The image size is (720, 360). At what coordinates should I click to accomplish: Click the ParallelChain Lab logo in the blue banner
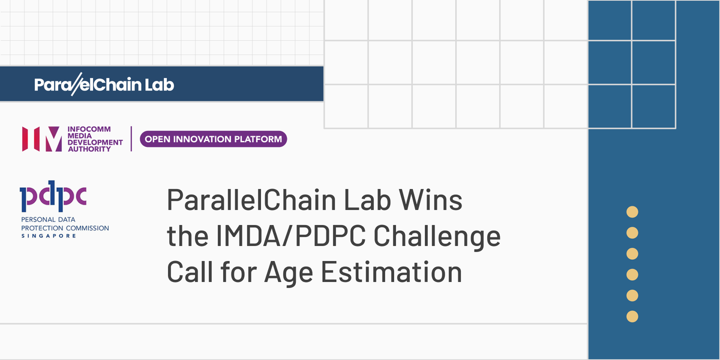[104, 85]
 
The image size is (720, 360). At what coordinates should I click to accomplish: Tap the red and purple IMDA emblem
[41, 139]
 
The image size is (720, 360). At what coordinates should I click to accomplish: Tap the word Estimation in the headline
[394, 272]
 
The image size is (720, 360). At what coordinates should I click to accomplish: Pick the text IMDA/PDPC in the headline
[281, 237]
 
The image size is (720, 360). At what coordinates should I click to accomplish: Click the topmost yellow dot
[632, 211]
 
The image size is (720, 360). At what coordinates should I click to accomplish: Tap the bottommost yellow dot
[632, 316]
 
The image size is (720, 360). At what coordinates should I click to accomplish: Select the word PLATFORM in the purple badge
[259, 139]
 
